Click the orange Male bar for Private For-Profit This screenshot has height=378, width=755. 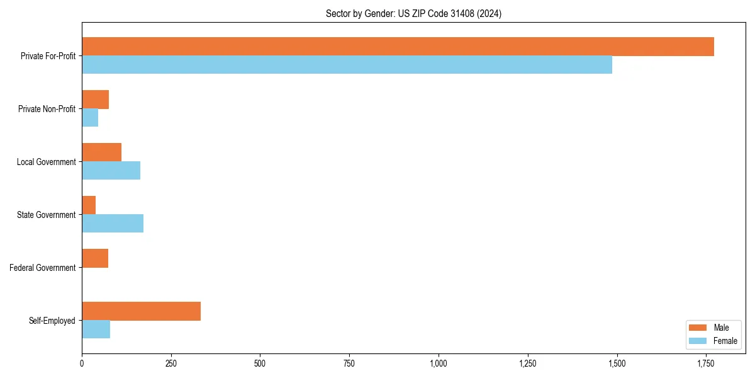(x=398, y=47)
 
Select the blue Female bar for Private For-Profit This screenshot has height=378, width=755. (x=347, y=65)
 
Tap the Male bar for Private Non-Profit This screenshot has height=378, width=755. (x=96, y=100)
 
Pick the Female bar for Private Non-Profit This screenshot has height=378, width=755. (x=90, y=118)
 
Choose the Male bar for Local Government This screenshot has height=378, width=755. (x=101, y=152)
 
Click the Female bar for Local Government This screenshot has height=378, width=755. (x=111, y=171)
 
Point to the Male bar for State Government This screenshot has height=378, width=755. (x=89, y=205)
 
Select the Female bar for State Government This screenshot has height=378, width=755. (x=113, y=224)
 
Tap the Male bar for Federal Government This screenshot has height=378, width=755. (x=95, y=258)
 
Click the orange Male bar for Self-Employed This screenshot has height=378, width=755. (x=141, y=311)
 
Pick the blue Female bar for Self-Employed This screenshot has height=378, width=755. (x=96, y=329)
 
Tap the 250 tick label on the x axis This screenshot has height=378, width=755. (x=171, y=364)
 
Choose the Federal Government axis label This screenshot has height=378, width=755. (x=43, y=268)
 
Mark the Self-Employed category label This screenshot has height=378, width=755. (x=52, y=321)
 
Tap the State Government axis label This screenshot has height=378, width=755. (x=47, y=215)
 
